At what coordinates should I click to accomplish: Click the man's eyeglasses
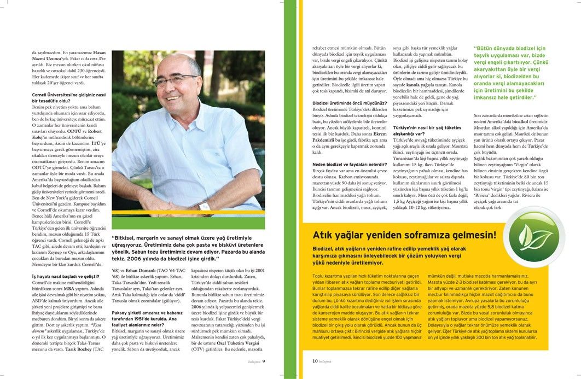pyautogui.click(x=173, y=80)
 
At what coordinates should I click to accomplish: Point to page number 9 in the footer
pyautogui.click(x=264, y=361)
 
